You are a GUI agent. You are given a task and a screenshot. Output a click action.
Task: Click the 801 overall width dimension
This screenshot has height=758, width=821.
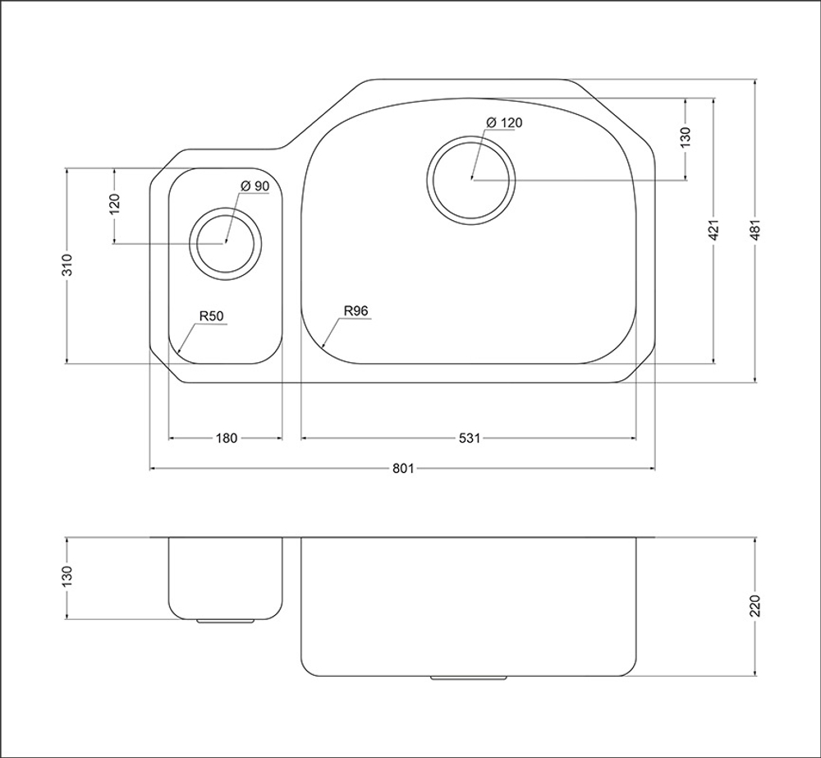(x=403, y=468)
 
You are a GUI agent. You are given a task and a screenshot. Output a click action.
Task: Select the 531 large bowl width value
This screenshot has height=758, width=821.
(x=469, y=438)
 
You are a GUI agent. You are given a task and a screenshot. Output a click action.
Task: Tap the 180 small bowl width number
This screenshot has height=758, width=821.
(x=227, y=438)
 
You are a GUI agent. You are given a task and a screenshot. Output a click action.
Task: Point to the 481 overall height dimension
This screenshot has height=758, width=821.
(x=754, y=230)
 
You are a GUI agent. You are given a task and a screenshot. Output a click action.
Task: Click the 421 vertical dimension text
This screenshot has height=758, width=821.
(x=713, y=230)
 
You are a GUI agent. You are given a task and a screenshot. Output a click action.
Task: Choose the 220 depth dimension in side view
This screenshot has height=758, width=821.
(x=754, y=606)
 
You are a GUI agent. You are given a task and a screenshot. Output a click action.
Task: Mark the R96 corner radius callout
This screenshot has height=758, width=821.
(x=356, y=310)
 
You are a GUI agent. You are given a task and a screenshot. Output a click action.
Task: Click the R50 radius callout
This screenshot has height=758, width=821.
(x=211, y=316)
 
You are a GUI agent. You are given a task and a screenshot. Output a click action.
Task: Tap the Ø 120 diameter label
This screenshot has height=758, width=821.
(x=504, y=122)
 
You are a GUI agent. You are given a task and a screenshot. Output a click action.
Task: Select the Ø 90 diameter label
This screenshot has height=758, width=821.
(x=255, y=186)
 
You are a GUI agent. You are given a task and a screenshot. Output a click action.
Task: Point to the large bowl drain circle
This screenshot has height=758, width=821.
(x=470, y=138)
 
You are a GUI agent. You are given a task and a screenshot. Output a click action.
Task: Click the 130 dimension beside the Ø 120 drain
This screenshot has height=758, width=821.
(x=686, y=136)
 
